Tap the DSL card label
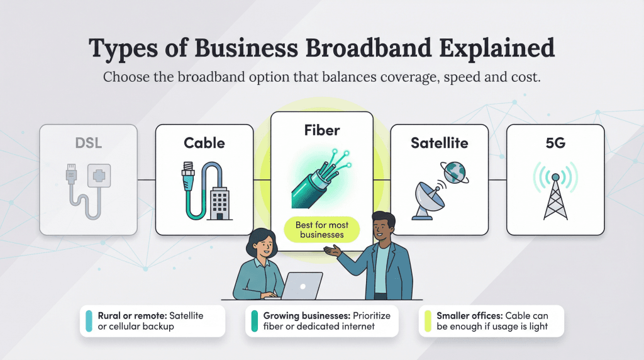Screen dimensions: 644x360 pyautogui.click(x=88, y=143)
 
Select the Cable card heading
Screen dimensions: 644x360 pyautogui.click(x=204, y=143)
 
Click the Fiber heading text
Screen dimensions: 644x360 pyautogui.click(x=322, y=131)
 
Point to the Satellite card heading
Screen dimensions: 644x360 pyautogui.click(x=440, y=143)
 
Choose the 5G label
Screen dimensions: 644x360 pyautogui.click(x=555, y=143)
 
